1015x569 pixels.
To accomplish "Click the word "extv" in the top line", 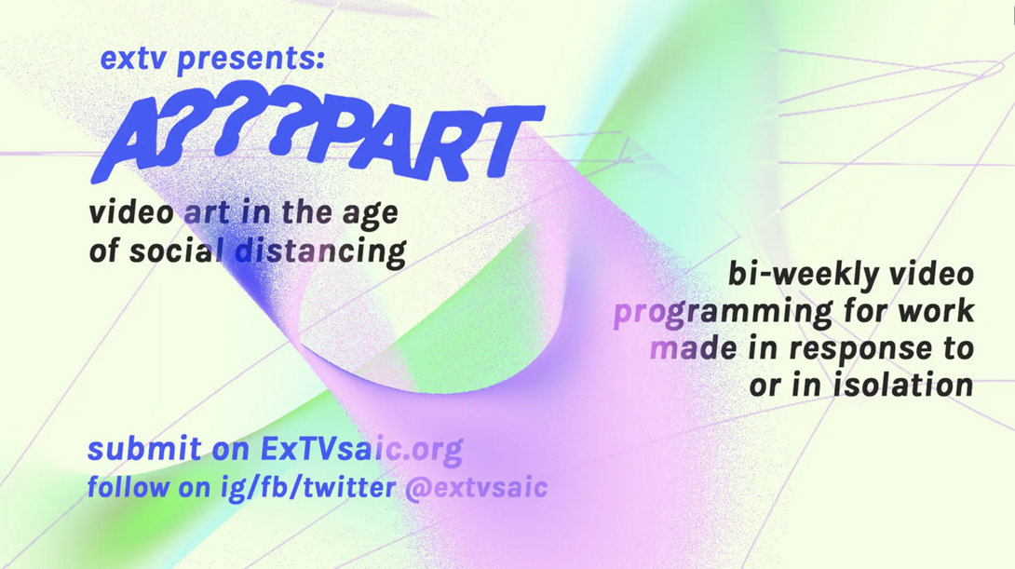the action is (133, 59).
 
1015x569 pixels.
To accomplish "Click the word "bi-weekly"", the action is (804, 275).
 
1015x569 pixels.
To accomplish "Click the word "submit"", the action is (144, 449).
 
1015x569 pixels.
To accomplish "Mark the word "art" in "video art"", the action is (206, 213).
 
